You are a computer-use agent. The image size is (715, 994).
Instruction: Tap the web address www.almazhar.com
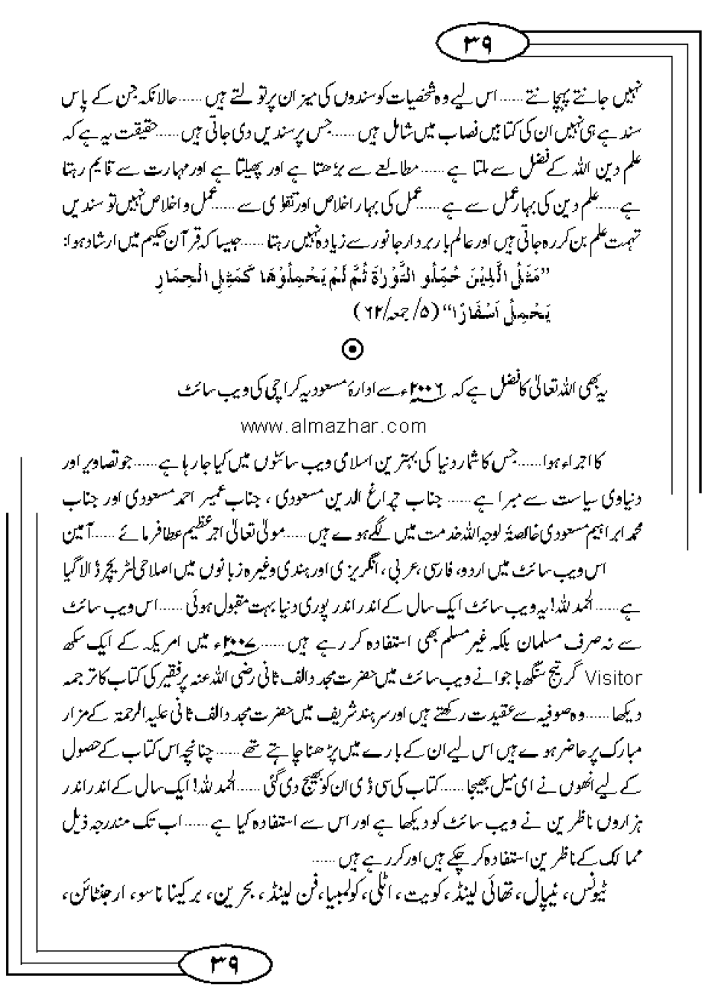click(x=333, y=427)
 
